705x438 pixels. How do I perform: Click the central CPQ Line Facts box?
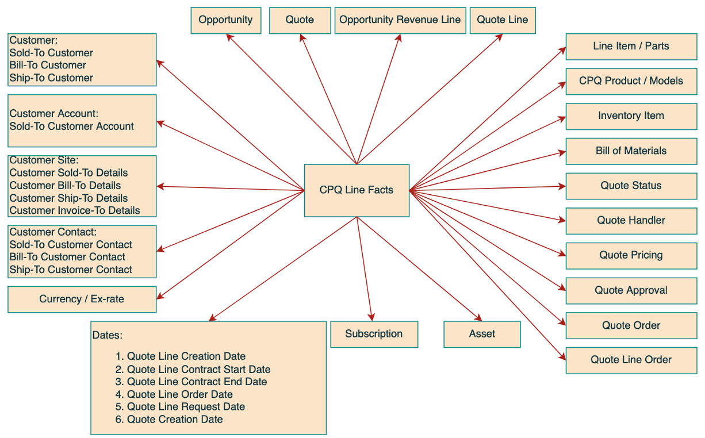[357, 190]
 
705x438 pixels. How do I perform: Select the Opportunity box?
[225, 20]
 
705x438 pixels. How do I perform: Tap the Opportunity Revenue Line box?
[400, 20]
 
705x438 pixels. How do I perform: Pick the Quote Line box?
[503, 20]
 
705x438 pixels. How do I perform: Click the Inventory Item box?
[631, 116]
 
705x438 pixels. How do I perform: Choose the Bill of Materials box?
[631, 151]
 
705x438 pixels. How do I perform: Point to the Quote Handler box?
[631, 221]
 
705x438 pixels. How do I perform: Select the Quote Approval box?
[631, 291]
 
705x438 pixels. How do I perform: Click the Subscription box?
[374, 334]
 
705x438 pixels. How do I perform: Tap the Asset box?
[482, 334]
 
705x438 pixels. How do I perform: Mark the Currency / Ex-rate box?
[82, 299]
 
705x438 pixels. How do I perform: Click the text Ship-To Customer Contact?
[71, 270]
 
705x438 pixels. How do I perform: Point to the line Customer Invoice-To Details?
[75, 210]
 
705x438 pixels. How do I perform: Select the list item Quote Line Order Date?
[179, 394]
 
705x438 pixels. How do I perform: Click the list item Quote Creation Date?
[174, 420]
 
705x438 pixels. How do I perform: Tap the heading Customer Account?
[54, 114]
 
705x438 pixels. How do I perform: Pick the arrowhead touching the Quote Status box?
[562, 186]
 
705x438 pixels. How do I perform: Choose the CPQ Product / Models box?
[631, 81]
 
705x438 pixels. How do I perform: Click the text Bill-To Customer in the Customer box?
[48, 66]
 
